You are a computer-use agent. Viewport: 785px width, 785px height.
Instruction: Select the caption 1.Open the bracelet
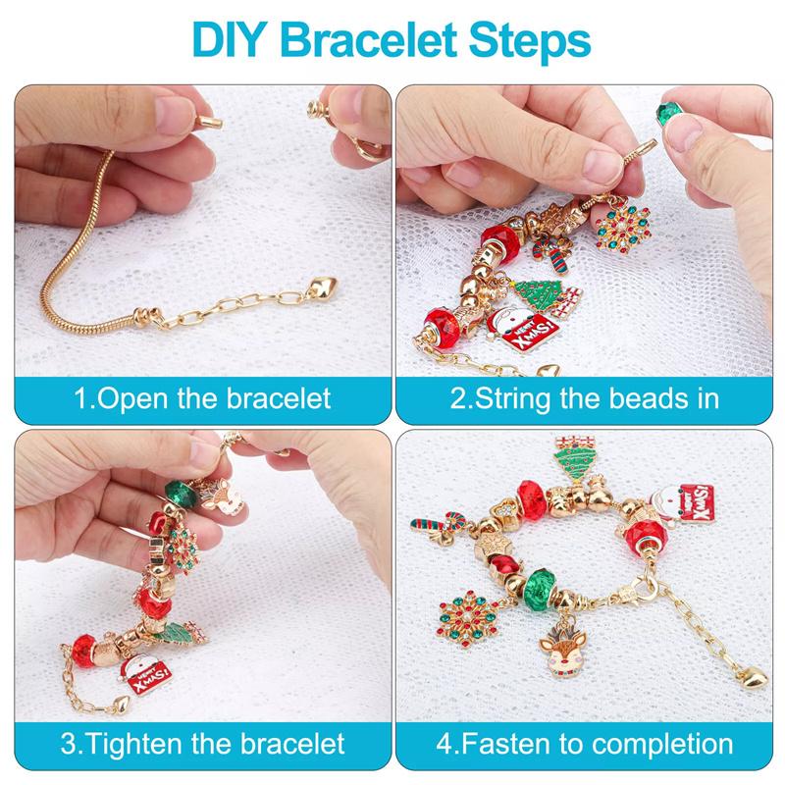(204, 399)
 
